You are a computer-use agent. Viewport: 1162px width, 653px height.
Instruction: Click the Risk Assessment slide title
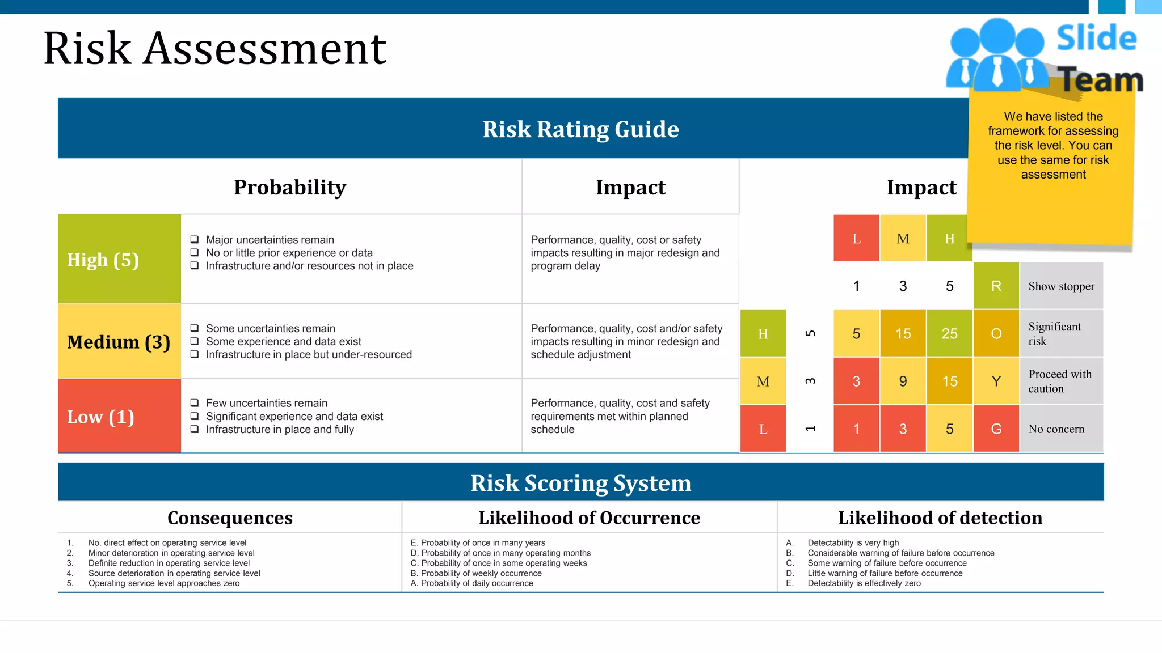point(214,49)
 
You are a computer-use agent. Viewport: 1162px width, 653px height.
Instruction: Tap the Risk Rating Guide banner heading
point(580,129)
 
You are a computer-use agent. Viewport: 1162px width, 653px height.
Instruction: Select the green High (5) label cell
point(119,259)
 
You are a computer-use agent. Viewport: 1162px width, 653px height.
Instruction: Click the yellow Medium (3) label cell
point(119,342)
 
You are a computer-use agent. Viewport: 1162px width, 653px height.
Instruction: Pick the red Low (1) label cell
point(119,417)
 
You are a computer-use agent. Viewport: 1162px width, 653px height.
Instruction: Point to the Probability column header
point(289,187)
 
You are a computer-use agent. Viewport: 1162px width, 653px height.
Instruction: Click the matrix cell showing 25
point(949,334)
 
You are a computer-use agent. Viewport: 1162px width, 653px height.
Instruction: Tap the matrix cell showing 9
point(903,381)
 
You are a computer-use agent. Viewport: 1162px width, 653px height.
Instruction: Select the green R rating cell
point(996,286)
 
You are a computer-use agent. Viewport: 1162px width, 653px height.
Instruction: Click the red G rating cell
point(996,429)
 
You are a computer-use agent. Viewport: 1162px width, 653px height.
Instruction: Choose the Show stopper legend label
point(1061,286)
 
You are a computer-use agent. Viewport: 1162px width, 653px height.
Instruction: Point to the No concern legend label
point(1056,429)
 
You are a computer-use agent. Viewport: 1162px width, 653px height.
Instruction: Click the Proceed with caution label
point(1059,381)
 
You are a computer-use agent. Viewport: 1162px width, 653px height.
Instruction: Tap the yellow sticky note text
point(1053,146)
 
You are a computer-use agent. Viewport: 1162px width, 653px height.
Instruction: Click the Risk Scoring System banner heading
point(580,483)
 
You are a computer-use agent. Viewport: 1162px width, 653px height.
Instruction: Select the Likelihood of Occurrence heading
point(589,518)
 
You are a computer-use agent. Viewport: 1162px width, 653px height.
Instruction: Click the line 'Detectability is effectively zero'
point(864,583)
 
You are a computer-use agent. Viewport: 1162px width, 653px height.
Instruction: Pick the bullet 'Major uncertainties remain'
point(270,240)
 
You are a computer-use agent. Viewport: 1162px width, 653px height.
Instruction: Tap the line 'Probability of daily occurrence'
point(477,583)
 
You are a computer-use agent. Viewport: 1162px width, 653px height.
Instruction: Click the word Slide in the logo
point(1096,39)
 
